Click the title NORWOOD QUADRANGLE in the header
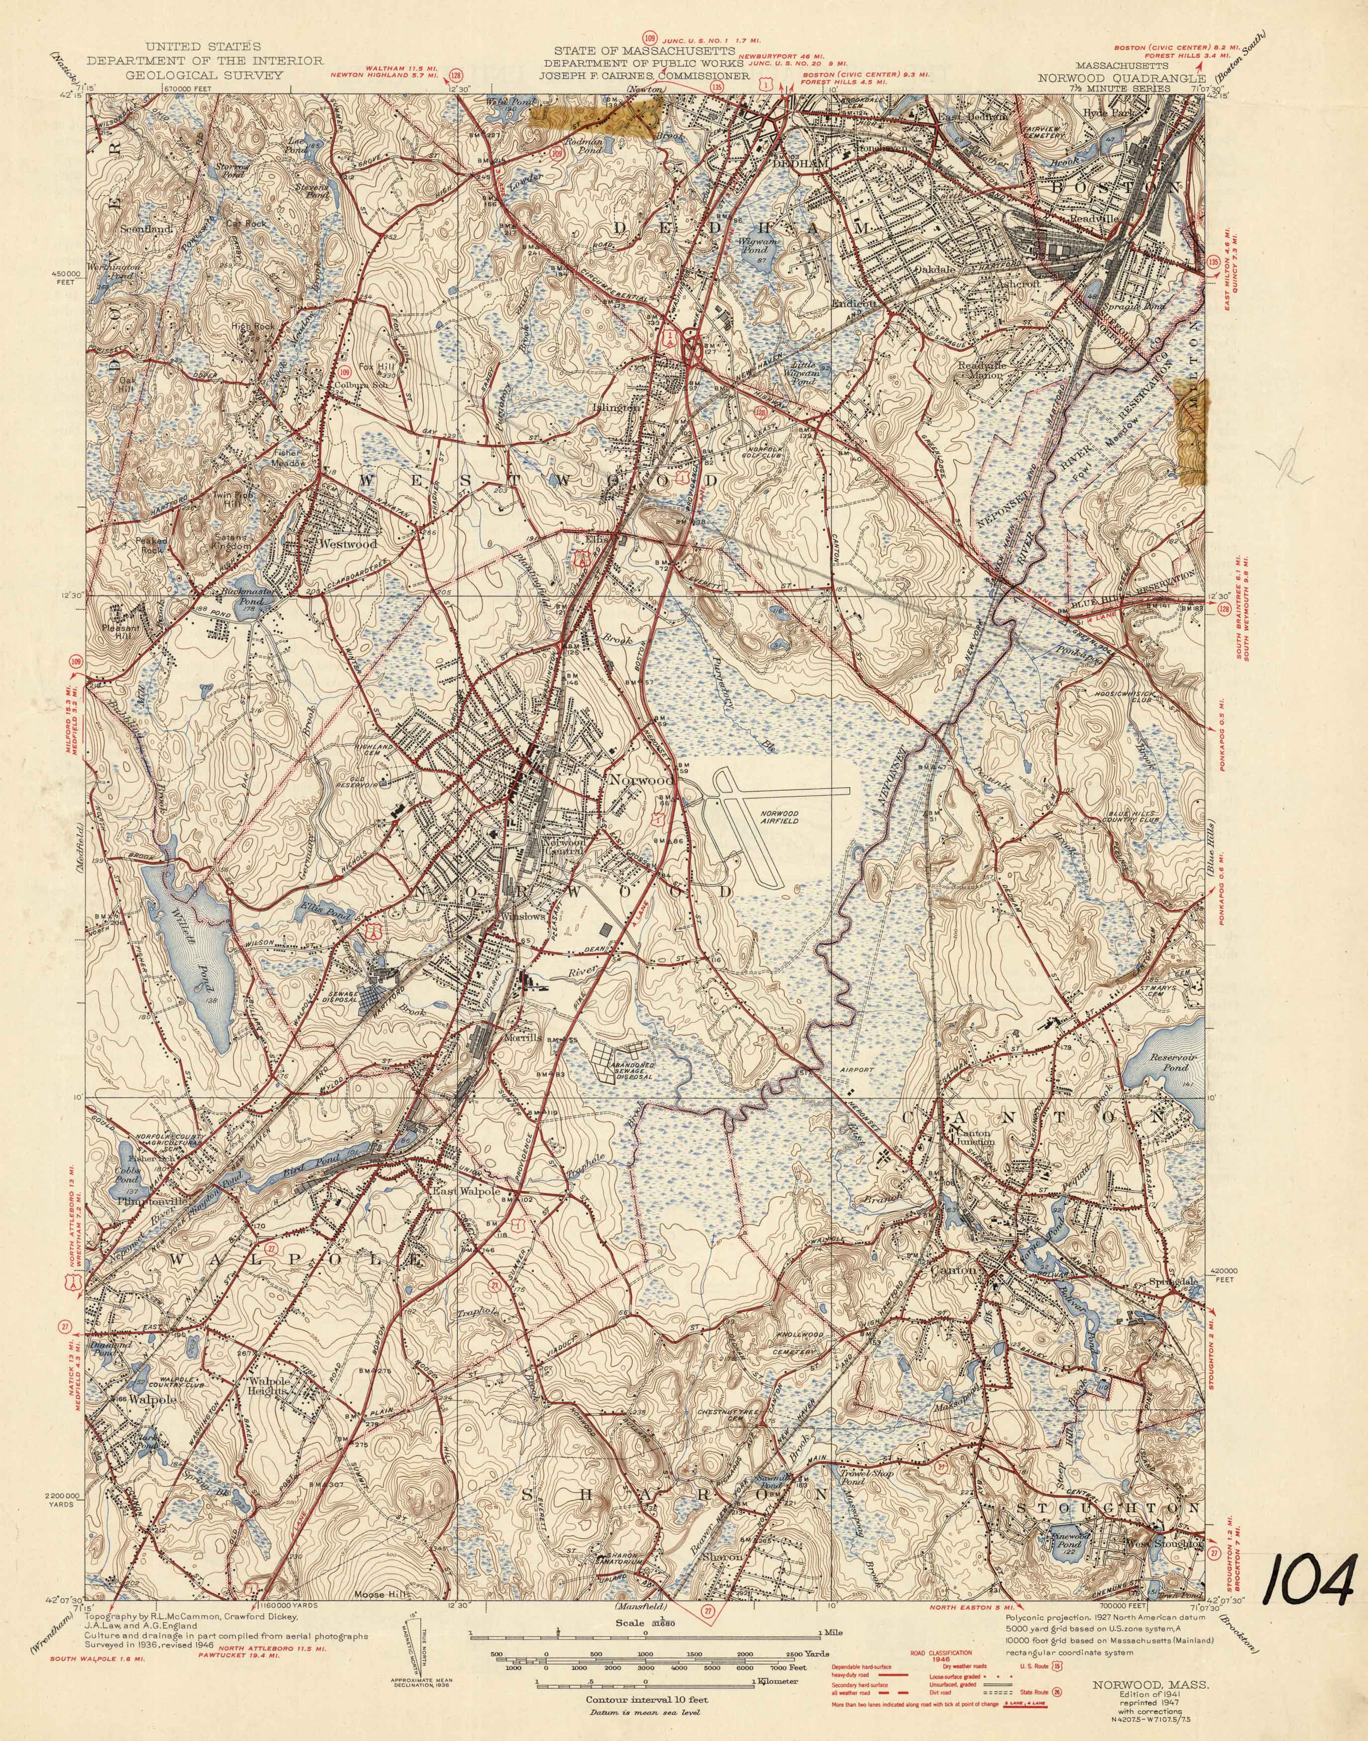coord(1121,78)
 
